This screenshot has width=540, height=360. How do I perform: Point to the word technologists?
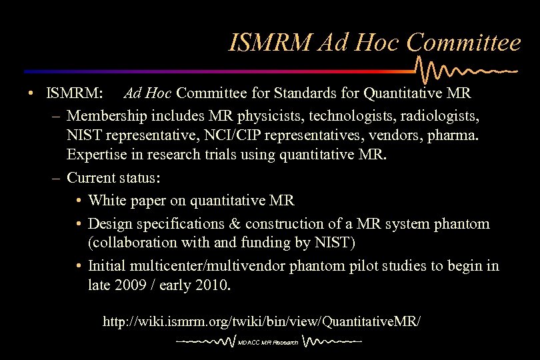coord(351,117)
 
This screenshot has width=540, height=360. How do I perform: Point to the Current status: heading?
coord(113,178)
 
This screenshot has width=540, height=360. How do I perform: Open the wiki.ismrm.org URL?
coord(261,321)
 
